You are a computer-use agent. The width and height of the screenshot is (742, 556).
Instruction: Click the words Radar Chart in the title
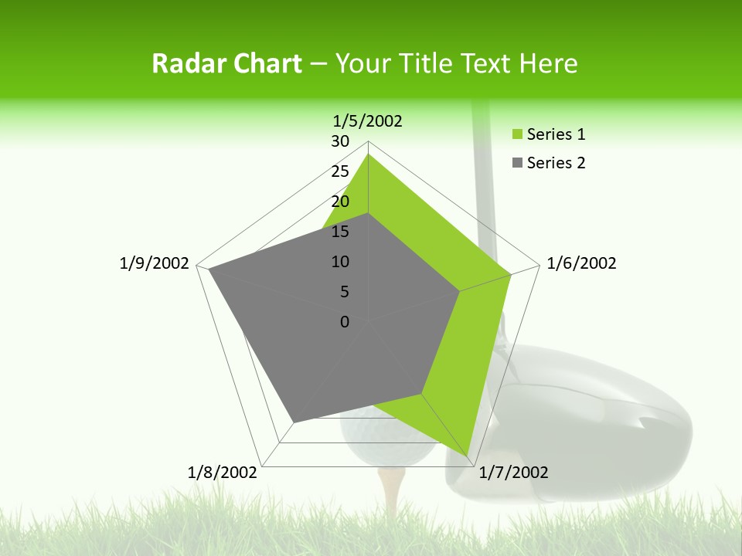coord(226,63)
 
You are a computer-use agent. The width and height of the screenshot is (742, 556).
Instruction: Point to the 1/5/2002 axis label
coord(367,120)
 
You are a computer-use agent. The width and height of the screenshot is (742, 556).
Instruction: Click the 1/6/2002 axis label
coord(581,263)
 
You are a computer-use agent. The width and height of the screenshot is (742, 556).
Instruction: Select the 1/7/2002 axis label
coord(513,473)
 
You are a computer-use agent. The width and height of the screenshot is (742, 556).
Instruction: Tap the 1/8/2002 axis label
coord(223,473)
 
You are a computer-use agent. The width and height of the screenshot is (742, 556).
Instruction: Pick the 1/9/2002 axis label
coord(154,263)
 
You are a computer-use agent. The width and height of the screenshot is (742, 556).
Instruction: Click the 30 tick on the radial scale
coord(340,141)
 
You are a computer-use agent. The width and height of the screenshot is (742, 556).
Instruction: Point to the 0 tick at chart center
coord(345,322)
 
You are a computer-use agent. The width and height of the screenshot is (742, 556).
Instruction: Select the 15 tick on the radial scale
coord(340,232)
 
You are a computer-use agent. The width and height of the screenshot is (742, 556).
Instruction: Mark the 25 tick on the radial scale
coord(340,171)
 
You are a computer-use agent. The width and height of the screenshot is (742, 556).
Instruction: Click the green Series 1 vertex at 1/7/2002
coord(468,456)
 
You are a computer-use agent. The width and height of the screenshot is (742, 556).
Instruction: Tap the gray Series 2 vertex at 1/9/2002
coord(209,270)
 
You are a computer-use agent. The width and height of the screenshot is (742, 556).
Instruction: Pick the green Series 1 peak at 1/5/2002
coord(368,154)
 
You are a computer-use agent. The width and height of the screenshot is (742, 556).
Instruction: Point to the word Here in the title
coord(549,63)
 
